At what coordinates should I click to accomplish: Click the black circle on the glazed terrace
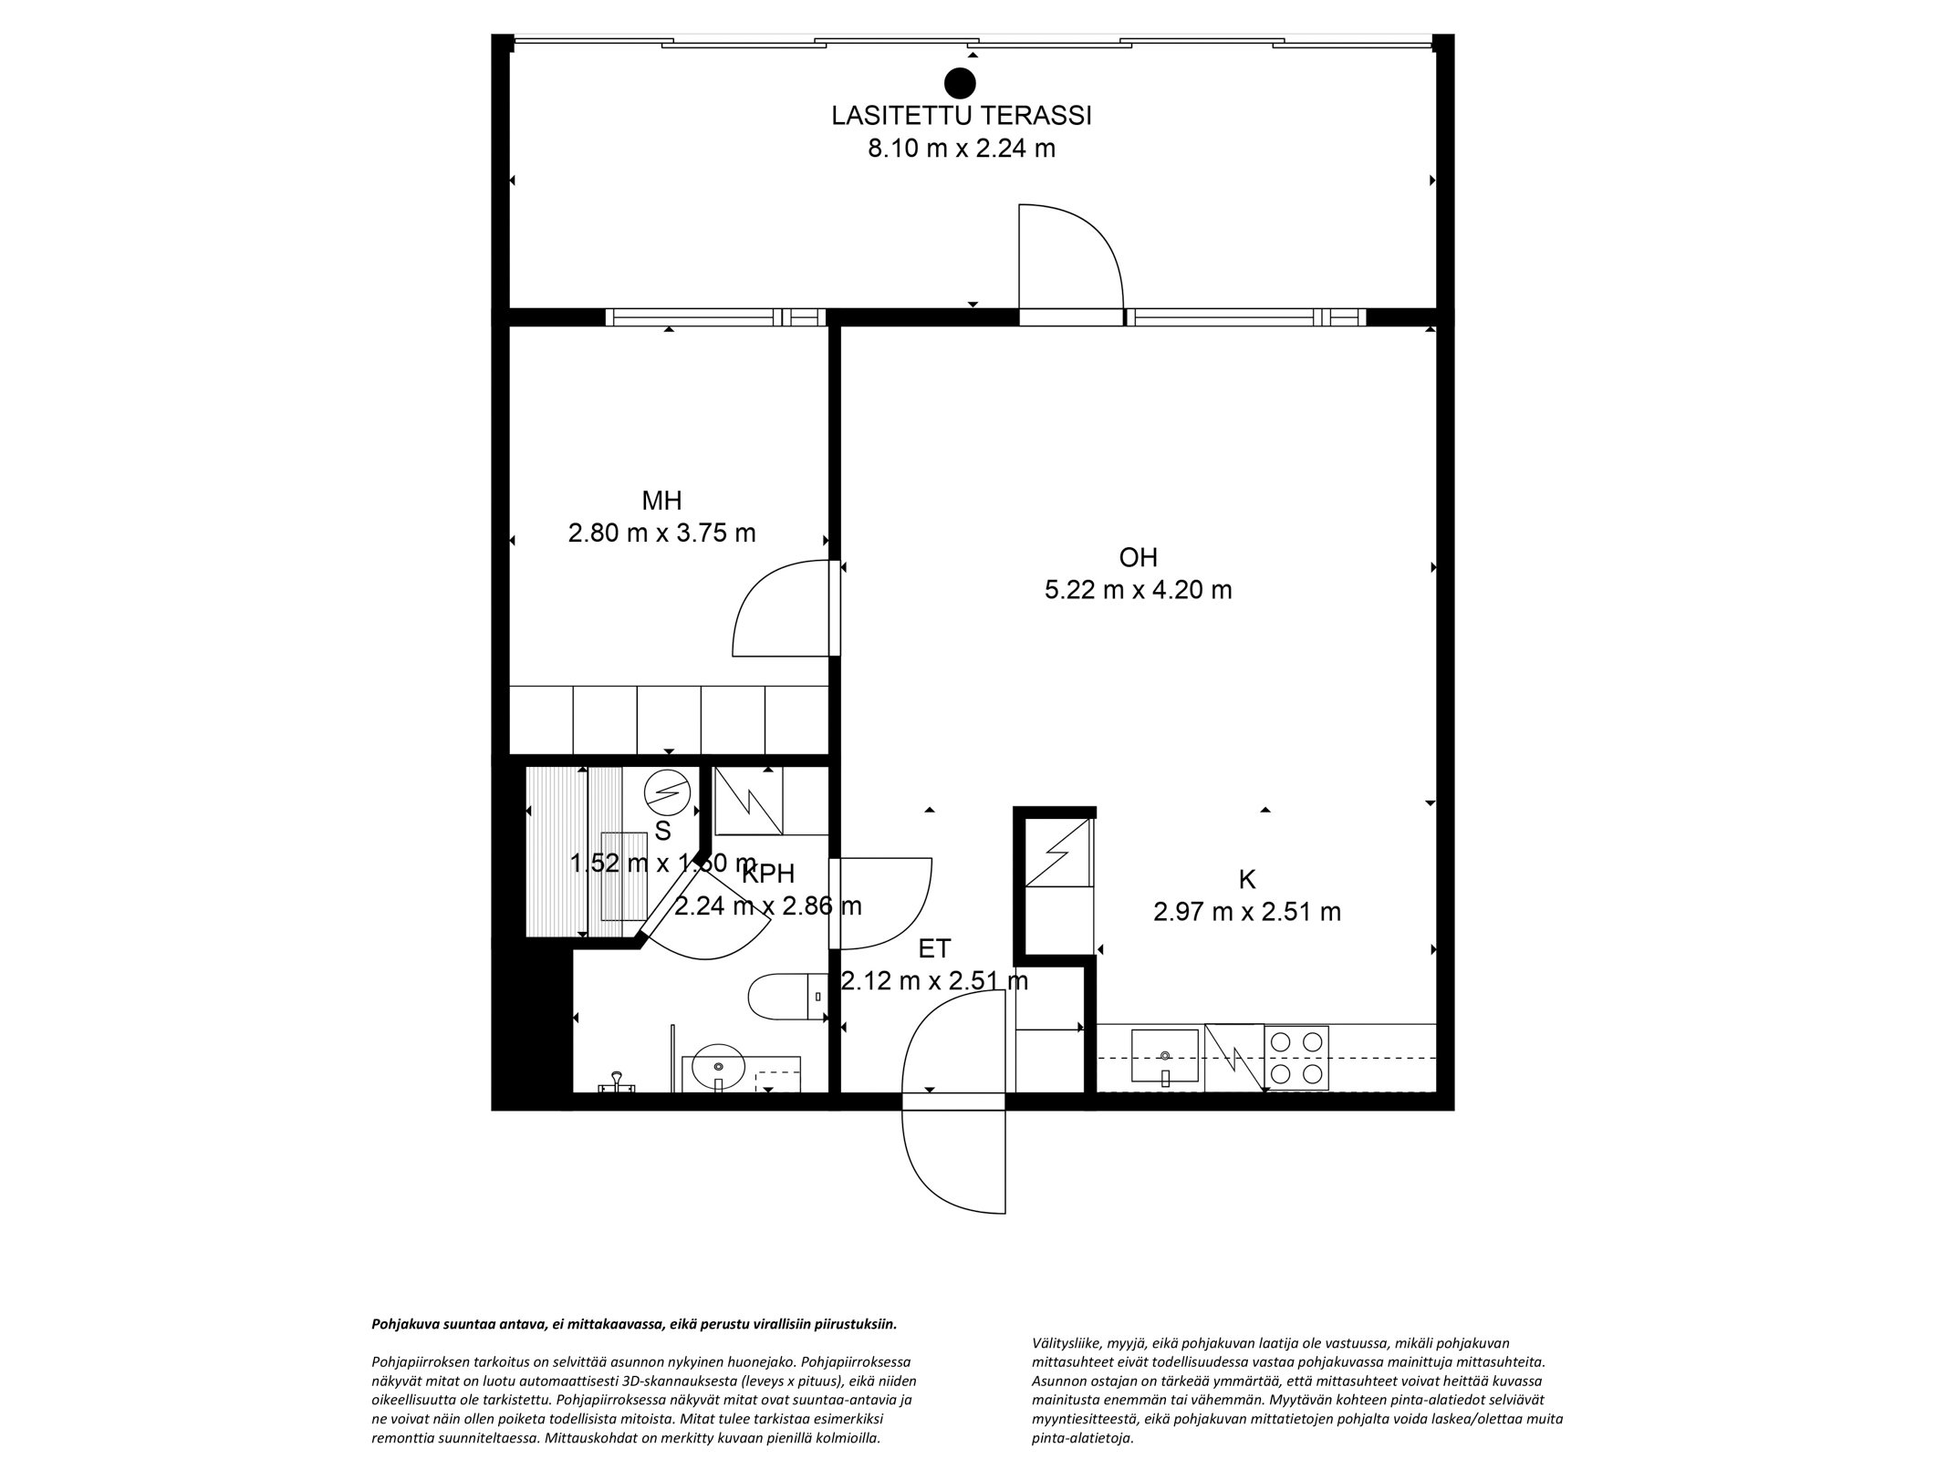click(x=960, y=83)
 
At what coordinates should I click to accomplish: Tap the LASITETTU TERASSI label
click(x=962, y=117)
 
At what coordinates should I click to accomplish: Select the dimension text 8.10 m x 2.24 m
click(x=962, y=149)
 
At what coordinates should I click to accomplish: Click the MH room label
click(x=661, y=501)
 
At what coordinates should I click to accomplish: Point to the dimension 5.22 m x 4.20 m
click(x=1138, y=590)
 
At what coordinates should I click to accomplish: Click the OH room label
click(x=1138, y=557)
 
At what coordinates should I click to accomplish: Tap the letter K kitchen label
click(x=1246, y=880)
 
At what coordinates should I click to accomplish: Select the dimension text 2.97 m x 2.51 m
click(x=1246, y=912)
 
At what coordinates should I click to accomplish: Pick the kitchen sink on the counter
click(x=1165, y=1056)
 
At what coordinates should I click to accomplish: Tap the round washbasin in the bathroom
click(x=720, y=1065)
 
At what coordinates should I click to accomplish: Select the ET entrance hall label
click(x=934, y=949)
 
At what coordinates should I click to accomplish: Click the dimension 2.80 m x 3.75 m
click(x=661, y=533)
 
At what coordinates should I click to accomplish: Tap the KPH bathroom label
click(x=768, y=874)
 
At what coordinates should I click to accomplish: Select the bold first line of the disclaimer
click(x=634, y=1323)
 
